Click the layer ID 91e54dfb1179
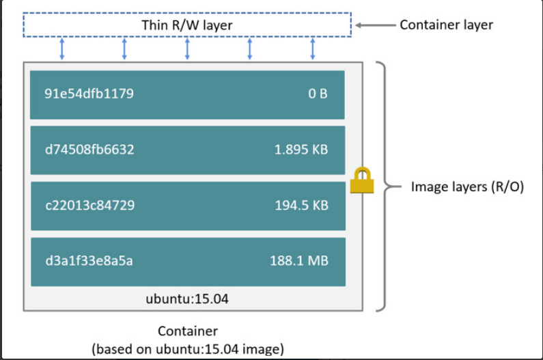(x=89, y=94)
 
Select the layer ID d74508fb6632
(x=89, y=149)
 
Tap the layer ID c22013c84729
(x=89, y=205)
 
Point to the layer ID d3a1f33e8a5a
(x=89, y=260)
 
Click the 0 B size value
(x=318, y=94)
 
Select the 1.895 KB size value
(x=301, y=149)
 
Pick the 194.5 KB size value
(x=301, y=205)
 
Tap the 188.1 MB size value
(x=298, y=260)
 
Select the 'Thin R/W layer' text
(x=186, y=25)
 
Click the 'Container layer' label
(x=446, y=25)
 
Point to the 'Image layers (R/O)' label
(x=467, y=186)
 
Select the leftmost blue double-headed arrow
(x=61, y=49)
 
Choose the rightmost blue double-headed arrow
(x=313, y=49)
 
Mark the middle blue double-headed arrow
(x=187, y=49)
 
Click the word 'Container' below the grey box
(x=187, y=331)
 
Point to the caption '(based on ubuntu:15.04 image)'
(x=187, y=349)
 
